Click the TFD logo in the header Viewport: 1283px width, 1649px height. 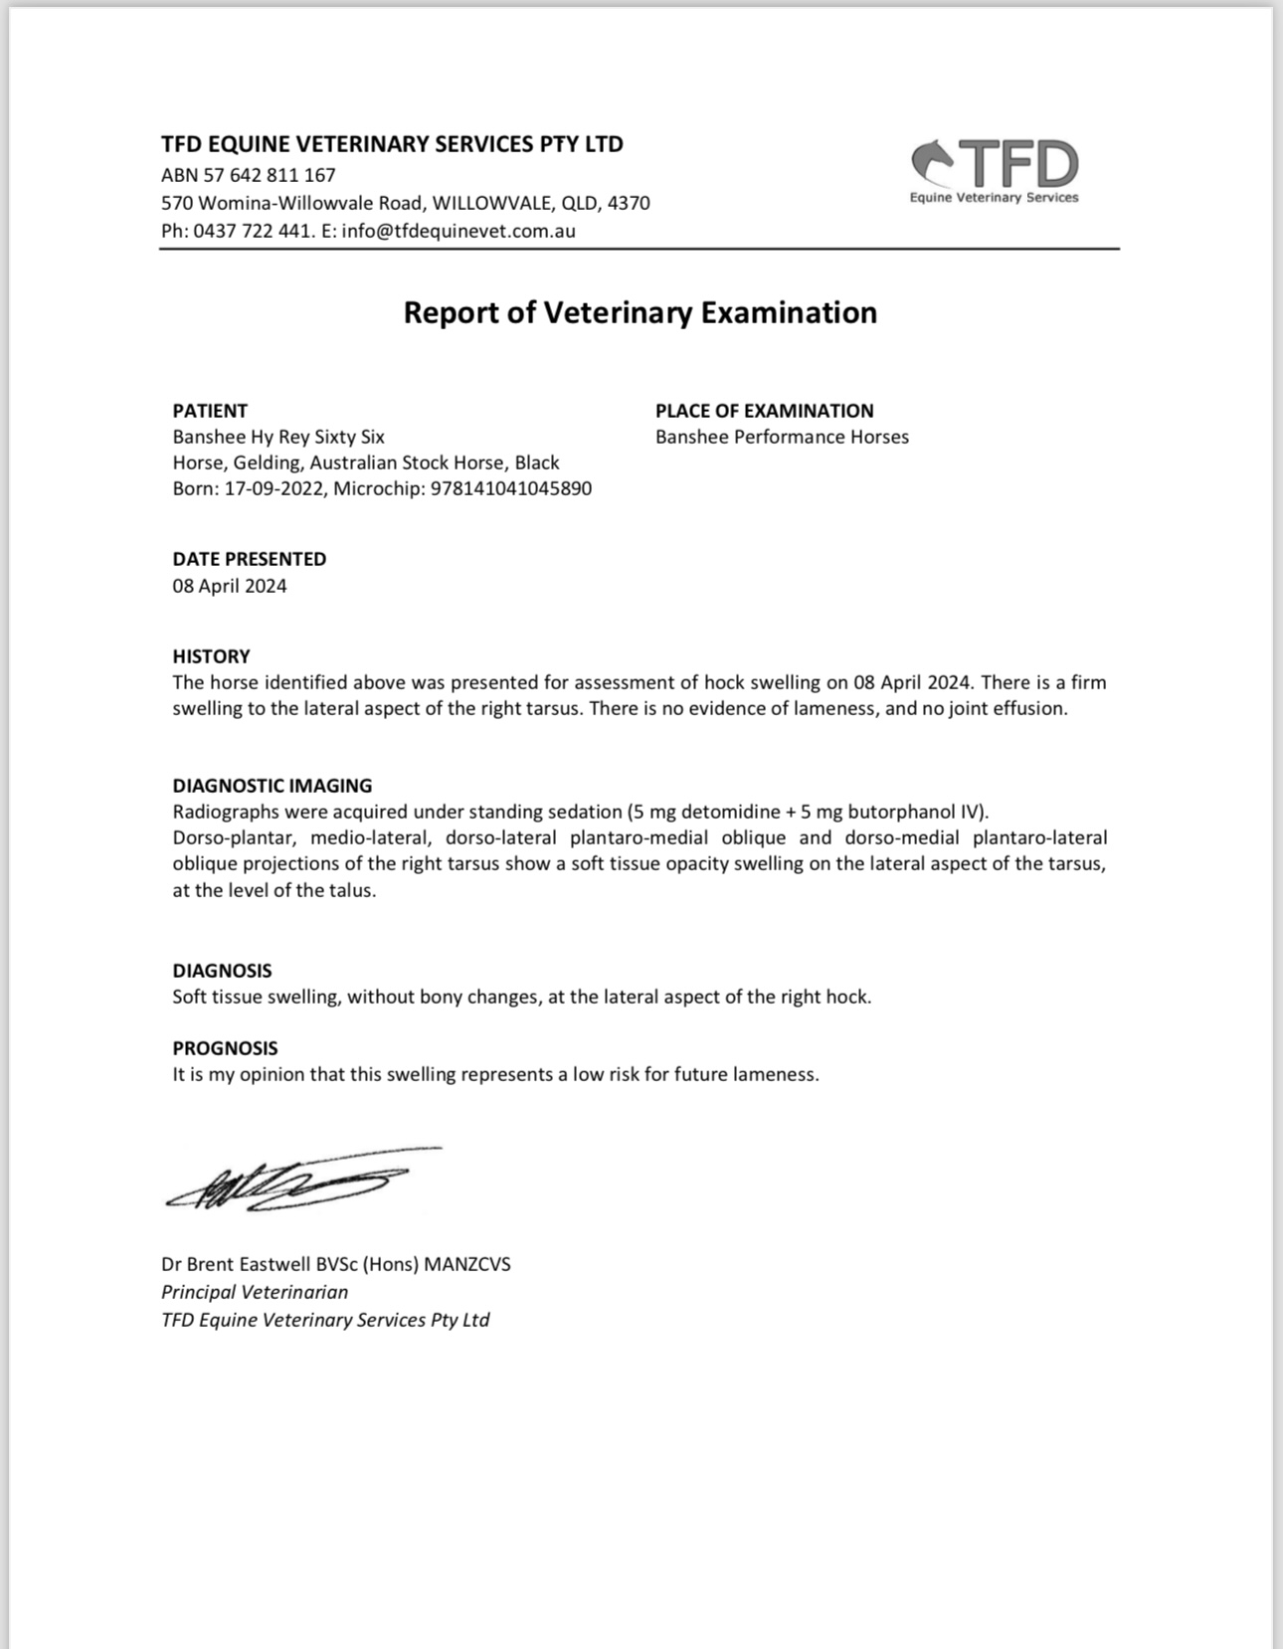click(x=995, y=170)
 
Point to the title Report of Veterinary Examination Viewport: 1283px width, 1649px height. click(x=640, y=312)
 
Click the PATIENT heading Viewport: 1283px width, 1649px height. click(x=210, y=411)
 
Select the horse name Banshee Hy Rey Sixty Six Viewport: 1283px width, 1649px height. click(x=278, y=437)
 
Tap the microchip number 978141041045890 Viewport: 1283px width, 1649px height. click(x=510, y=488)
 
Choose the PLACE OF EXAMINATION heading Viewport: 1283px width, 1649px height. click(x=764, y=411)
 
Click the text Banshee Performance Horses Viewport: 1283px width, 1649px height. click(x=782, y=437)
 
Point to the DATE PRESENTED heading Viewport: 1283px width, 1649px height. click(x=250, y=559)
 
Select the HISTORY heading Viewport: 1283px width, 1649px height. click(x=211, y=656)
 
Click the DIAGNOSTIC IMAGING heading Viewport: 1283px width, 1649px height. click(x=273, y=786)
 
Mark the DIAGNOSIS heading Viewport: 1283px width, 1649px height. click(x=222, y=971)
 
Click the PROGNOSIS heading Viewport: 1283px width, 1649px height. click(x=225, y=1048)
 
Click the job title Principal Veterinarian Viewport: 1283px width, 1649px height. click(x=255, y=1292)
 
